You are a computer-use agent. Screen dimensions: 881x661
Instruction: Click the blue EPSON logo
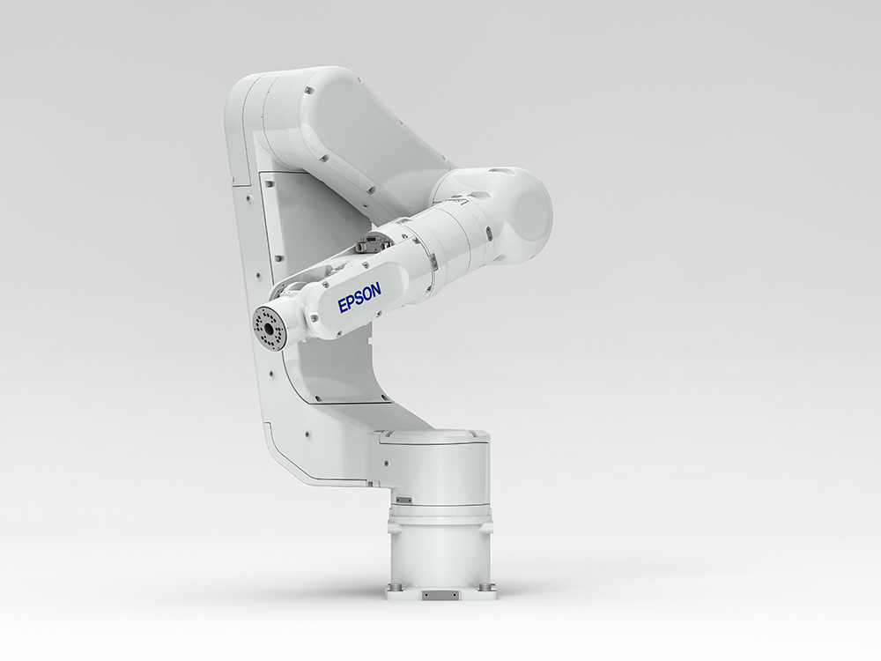tap(359, 297)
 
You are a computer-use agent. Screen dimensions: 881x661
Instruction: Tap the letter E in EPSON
tap(343, 306)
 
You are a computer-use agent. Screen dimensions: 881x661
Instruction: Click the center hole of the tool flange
tap(269, 328)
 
